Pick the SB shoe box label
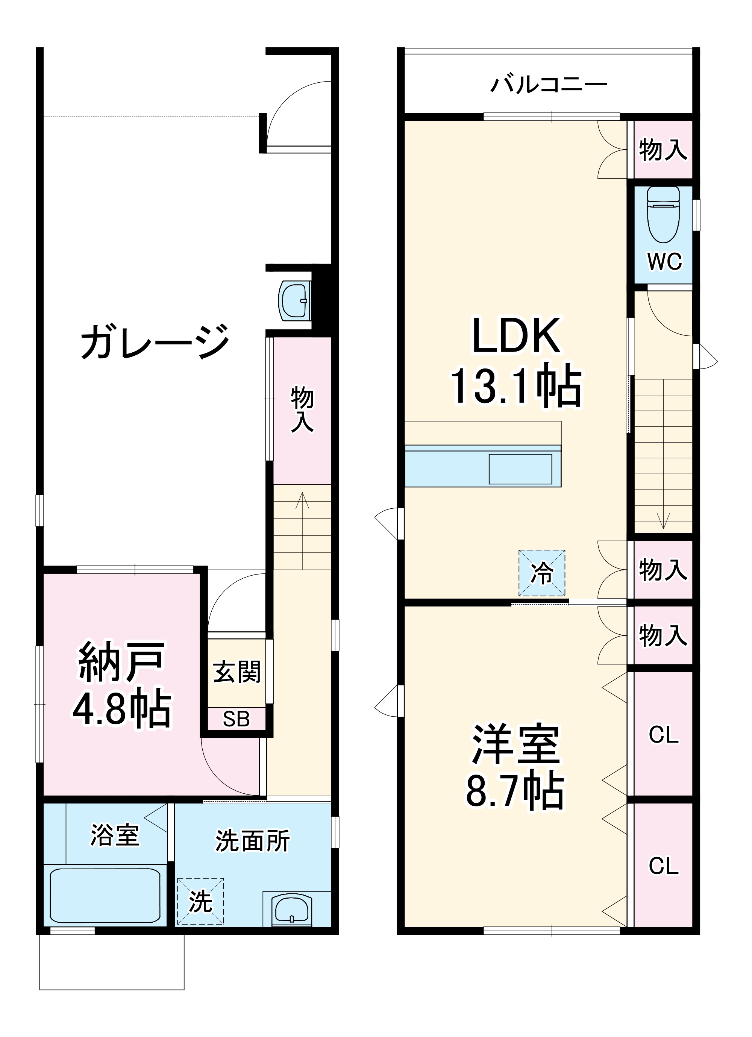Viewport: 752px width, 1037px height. (x=237, y=720)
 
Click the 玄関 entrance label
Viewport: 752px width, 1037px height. (x=237, y=671)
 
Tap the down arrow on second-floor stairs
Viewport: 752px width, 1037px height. (x=663, y=520)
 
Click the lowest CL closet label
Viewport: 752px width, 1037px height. (x=663, y=866)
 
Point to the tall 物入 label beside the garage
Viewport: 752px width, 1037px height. (x=302, y=409)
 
